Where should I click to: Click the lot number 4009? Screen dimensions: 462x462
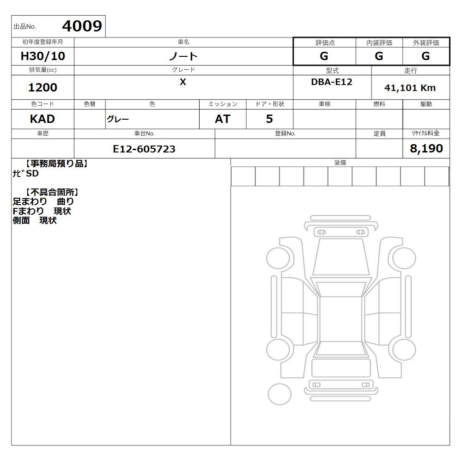82,26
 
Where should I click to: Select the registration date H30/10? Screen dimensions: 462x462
43,56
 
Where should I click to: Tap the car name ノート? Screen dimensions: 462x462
183,56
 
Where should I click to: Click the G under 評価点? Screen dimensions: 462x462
324,56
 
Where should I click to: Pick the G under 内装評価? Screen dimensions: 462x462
379,56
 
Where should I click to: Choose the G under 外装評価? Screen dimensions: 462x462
426,56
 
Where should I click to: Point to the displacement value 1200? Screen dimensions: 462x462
43,87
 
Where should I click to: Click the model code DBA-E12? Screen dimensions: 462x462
332,82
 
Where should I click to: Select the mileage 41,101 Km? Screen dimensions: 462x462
410,88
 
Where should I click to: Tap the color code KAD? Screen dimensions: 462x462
43,119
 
